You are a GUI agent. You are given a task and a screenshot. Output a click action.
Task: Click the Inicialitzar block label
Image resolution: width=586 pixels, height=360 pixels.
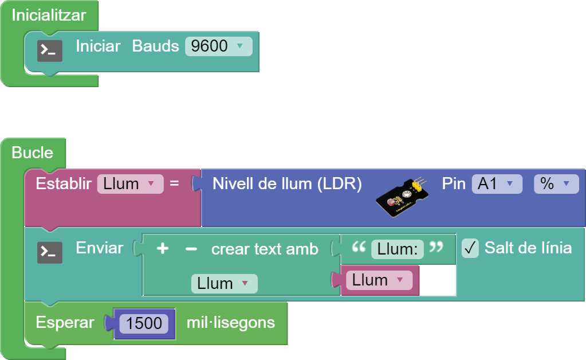49,15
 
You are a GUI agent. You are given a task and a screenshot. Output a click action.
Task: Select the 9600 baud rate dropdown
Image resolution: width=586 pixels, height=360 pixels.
218,46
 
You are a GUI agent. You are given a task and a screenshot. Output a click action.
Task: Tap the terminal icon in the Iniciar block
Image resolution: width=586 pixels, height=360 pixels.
50,50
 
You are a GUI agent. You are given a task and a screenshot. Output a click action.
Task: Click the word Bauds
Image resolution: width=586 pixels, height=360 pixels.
155,46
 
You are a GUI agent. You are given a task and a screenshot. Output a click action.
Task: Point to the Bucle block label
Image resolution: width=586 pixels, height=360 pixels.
32,153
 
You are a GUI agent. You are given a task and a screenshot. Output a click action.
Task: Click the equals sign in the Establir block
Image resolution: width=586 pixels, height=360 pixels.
174,184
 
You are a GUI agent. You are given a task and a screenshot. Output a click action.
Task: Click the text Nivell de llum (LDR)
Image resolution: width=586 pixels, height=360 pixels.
287,184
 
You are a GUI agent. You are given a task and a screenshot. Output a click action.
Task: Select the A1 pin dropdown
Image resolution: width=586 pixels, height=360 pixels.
497,184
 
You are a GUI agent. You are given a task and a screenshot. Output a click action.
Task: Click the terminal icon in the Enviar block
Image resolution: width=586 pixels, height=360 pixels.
50,252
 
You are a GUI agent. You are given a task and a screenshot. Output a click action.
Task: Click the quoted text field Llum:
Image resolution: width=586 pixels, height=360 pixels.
398,249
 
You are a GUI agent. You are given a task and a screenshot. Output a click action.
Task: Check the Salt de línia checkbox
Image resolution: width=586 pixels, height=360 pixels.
470,248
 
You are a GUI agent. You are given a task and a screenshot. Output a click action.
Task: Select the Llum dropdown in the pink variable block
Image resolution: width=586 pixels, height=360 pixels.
379,280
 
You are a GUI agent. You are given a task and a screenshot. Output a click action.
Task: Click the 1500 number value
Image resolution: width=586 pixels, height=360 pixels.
144,323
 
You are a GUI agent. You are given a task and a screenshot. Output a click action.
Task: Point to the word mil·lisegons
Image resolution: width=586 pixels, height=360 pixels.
230,323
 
